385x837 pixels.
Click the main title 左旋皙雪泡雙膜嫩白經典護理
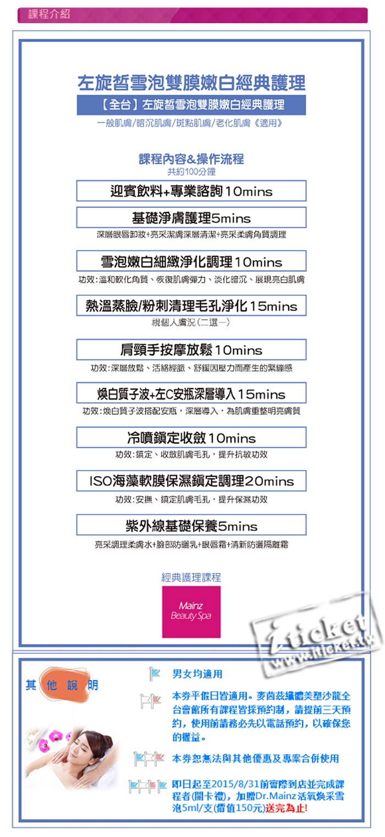coord(191,83)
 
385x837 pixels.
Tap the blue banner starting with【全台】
coord(191,105)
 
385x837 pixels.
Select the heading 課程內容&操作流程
coord(191,160)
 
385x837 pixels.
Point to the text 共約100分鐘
coord(191,172)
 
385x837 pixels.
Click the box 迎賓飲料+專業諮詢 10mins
coord(191,191)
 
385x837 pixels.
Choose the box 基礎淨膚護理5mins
coord(191,218)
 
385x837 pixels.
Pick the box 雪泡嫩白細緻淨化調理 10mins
coord(191,261)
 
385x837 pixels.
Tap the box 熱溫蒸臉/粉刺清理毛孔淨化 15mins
coord(191,305)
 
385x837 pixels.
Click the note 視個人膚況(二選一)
coord(191,322)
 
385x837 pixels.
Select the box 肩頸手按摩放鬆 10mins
coord(191,350)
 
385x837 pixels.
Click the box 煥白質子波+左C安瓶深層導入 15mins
coord(191,394)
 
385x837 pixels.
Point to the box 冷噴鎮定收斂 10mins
coord(191,438)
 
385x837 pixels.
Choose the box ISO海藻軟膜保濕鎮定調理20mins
coord(191,481)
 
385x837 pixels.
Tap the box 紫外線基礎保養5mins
coord(191,526)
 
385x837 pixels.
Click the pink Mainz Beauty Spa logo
coord(191,611)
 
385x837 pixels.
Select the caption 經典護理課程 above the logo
coord(191,577)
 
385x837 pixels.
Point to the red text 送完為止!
coord(287,808)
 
